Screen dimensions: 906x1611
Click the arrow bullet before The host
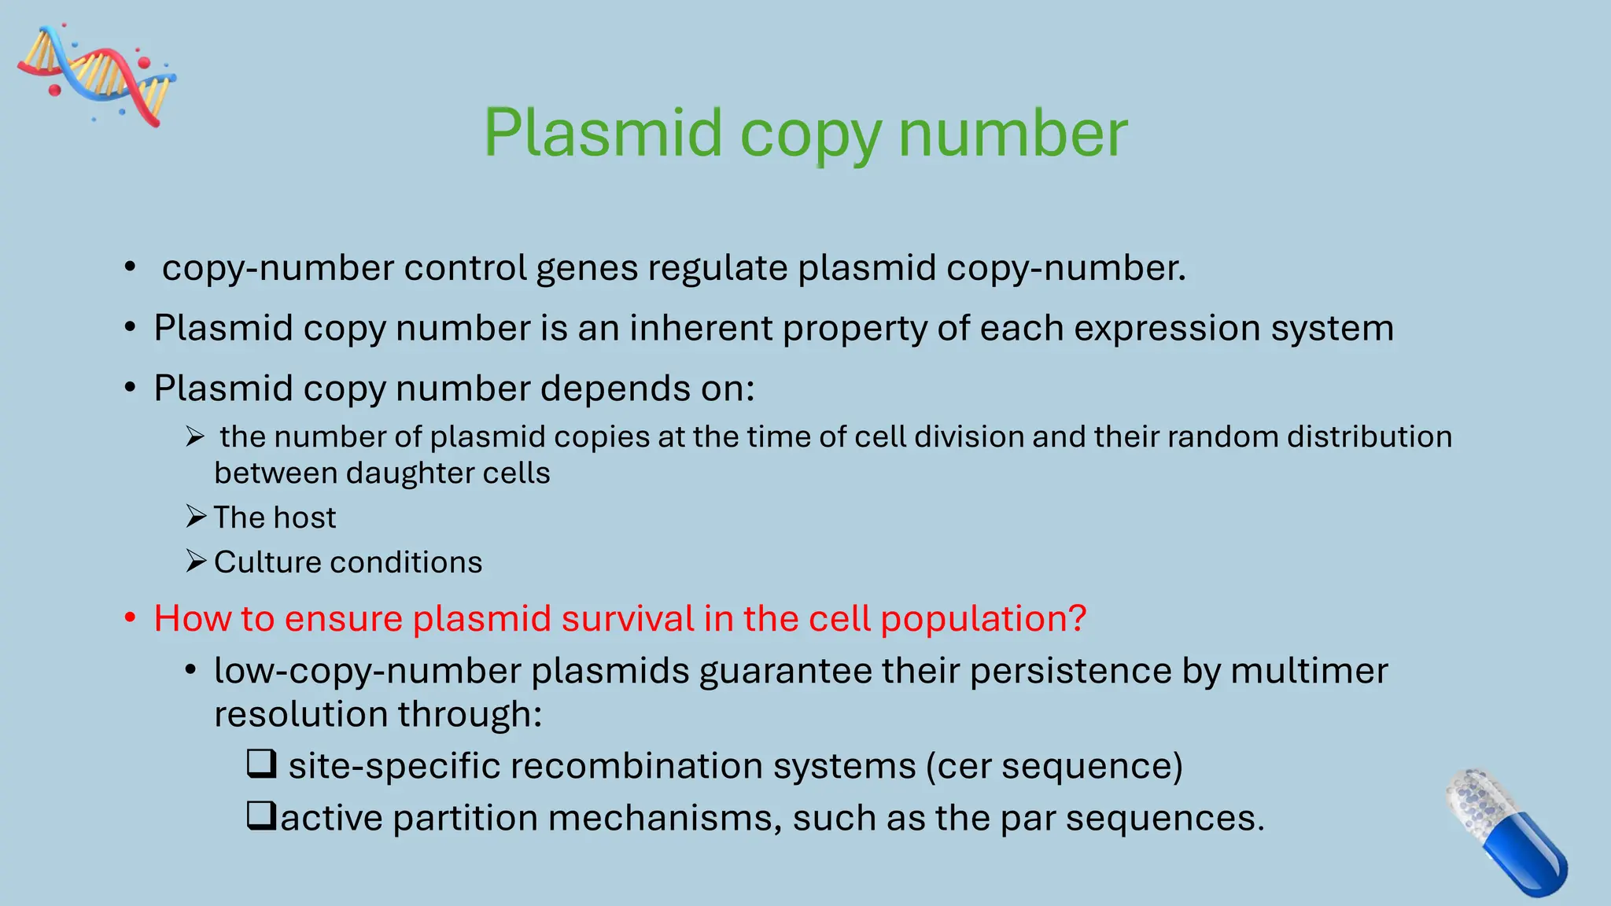(196, 517)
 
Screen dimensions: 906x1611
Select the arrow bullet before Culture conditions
(196, 561)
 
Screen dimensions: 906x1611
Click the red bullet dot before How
(131, 618)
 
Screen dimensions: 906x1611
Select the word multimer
(1309, 671)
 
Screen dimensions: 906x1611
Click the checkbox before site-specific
(261, 764)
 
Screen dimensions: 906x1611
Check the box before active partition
(261, 816)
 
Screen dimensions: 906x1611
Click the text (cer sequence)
(1054, 766)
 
